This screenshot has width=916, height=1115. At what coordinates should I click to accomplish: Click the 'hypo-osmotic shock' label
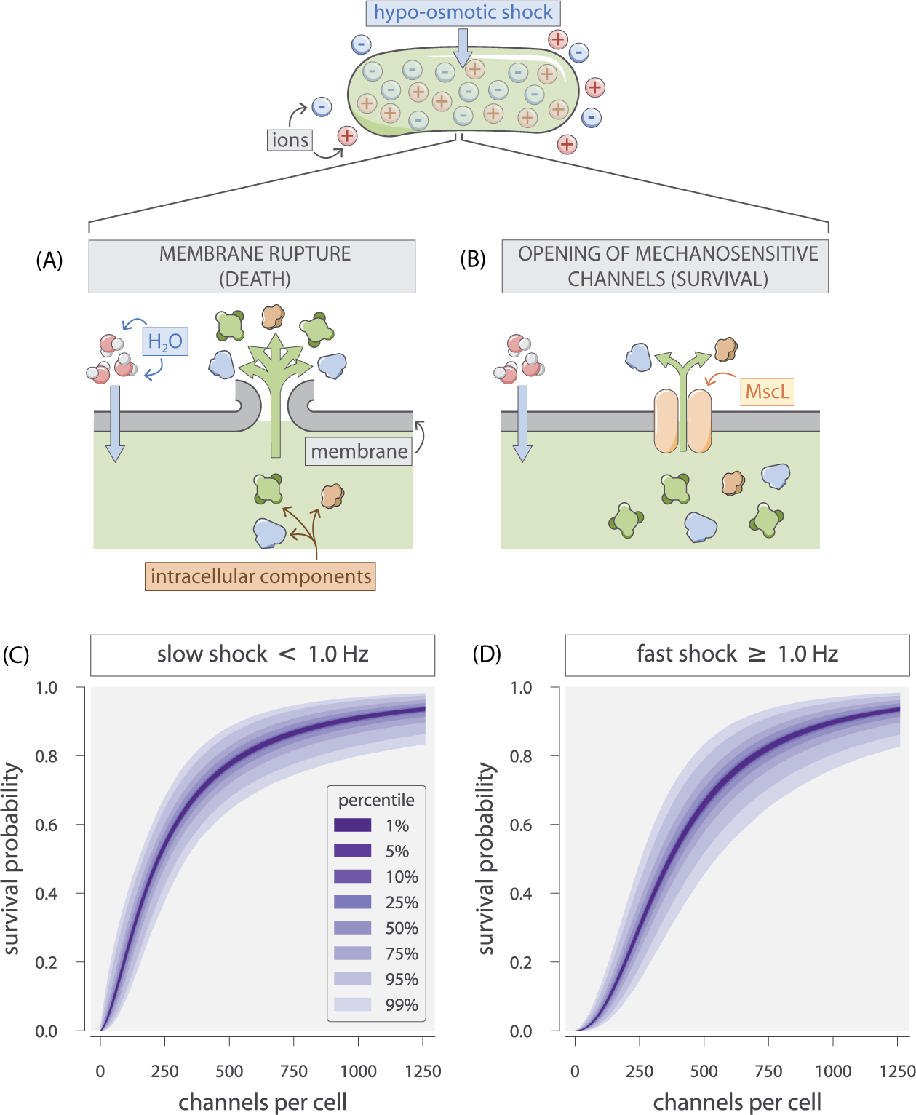click(463, 13)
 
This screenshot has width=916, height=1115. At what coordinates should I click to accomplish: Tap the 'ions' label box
click(290, 140)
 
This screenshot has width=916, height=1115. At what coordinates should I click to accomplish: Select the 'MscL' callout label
click(767, 392)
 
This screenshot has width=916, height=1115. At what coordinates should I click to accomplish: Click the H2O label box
click(165, 341)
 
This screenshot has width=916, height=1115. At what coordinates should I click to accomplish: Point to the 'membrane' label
click(359, 451)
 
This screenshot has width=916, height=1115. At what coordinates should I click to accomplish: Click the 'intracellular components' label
click(260, 576)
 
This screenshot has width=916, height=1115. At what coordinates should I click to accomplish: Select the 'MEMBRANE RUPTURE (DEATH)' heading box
click(252, 266)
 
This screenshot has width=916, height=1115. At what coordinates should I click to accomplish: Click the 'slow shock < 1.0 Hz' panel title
click(263, 654)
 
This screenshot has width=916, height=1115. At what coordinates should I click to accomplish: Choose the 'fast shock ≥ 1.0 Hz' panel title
click(737, 654)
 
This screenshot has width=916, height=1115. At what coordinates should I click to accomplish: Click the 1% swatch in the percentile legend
click(353, 825)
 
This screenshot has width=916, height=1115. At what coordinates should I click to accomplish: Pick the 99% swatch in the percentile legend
click(353, 1004)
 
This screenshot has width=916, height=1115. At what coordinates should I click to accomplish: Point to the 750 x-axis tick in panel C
click(294, 1071)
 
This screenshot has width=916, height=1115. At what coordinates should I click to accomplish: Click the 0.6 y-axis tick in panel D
click(521, 825)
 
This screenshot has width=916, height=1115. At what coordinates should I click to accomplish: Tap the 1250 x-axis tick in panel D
click(897, 1071)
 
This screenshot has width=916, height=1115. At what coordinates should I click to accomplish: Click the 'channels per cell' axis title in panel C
click(263, 1102)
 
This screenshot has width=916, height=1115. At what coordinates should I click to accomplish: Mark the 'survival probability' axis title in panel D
click(486, 859)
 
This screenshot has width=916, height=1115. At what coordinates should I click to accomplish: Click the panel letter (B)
click(473, 259)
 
